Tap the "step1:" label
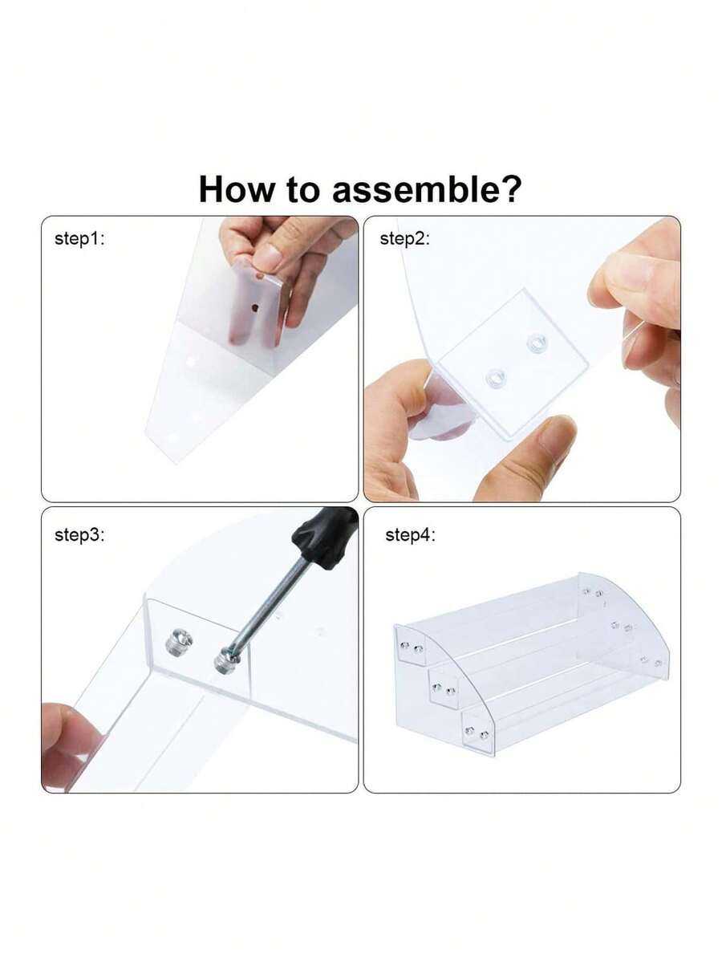tap(79, 238)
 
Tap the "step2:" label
tap(405, 238)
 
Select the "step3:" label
tap(79, 535)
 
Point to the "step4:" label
tap(410, 535)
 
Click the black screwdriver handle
tap(325, 535)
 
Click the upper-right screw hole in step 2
tap(535, 344)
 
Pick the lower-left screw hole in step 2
tap(495, 378)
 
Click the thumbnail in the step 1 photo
tap(267, 256)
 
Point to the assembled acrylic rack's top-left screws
tap(412, 646)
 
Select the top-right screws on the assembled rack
tap(593, 593)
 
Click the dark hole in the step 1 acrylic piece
tap(254, 306)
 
